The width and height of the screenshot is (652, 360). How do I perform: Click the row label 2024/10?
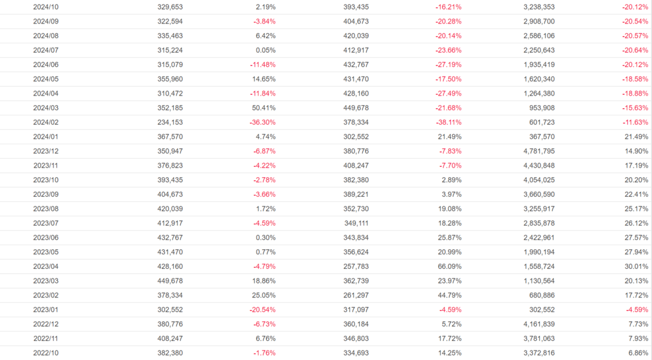click(x=46, y=7)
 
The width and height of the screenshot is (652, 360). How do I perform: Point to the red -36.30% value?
click(x=262, y=122)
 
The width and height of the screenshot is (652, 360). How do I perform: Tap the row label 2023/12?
click(x=46, y=151)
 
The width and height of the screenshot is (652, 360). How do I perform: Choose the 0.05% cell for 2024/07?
click(x=267, y=50)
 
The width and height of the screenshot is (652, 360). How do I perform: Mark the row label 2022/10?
click(x=46, y=353)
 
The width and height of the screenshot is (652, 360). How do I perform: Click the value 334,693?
click(x=355, y=353)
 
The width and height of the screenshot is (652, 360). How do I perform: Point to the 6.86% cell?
click(x=637, y=353)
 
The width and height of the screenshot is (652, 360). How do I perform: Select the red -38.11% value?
click(x=448, y=122)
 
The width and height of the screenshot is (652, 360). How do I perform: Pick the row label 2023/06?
click(x=46, y=238)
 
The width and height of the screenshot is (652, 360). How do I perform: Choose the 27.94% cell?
click(x=636, y=252)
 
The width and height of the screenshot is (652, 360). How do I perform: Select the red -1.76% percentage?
click(x=264, y=353)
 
